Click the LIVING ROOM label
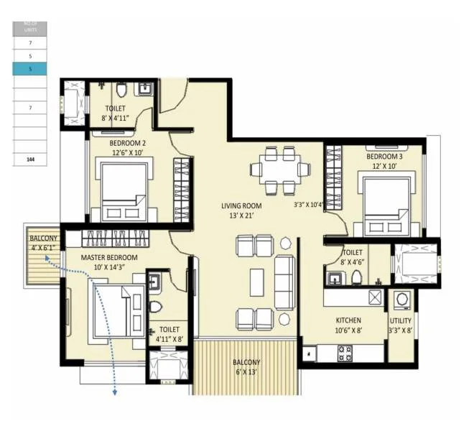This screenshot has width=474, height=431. click(x=241, y=205)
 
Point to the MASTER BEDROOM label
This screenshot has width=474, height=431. click(x=109, y=257)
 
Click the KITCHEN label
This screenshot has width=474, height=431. click(x=348, y=320)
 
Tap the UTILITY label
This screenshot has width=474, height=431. click(x=400, y=321)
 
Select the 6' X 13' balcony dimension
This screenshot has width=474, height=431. click(x=246, y=372)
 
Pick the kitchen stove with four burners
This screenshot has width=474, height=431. click(x=345, y=352)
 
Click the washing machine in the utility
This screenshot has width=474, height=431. click(x=401, y=299)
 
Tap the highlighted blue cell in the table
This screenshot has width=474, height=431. click(x=30, y=68)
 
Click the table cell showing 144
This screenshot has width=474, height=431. click(x=30, y=159)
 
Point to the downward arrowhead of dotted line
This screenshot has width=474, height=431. click(x=113, y=392)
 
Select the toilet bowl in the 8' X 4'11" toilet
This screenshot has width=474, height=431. click(x=121, y=91)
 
